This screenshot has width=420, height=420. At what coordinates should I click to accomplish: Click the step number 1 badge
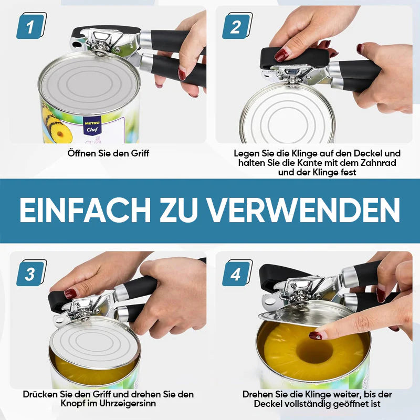[x=31, y=26]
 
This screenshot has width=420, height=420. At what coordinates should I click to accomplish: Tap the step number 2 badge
[x=237, y=26]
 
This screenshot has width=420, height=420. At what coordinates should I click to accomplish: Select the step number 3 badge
[x=31, y=273]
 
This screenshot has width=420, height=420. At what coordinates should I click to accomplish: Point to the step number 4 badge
[x=237, y=273]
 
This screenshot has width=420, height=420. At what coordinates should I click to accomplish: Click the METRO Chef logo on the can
[x=92, y=127]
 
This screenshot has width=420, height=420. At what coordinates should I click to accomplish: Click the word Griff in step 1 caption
[x=140, y=153]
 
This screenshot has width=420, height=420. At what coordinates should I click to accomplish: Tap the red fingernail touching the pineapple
[x=316, y=335]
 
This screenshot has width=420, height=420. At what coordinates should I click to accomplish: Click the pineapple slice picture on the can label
[x=57, y=125]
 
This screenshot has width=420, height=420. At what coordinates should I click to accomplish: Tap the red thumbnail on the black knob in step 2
[x=281, y=55]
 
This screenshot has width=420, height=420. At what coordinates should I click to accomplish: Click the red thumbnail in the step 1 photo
[x=182, y=75]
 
